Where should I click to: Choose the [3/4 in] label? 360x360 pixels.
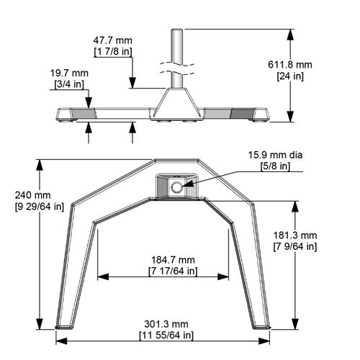(x=68, y=84)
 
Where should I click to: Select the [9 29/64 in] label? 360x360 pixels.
(x=32, y=206)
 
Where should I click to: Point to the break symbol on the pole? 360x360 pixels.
(x=176, y=70)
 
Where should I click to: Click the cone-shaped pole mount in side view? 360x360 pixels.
(x=176, y=101)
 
